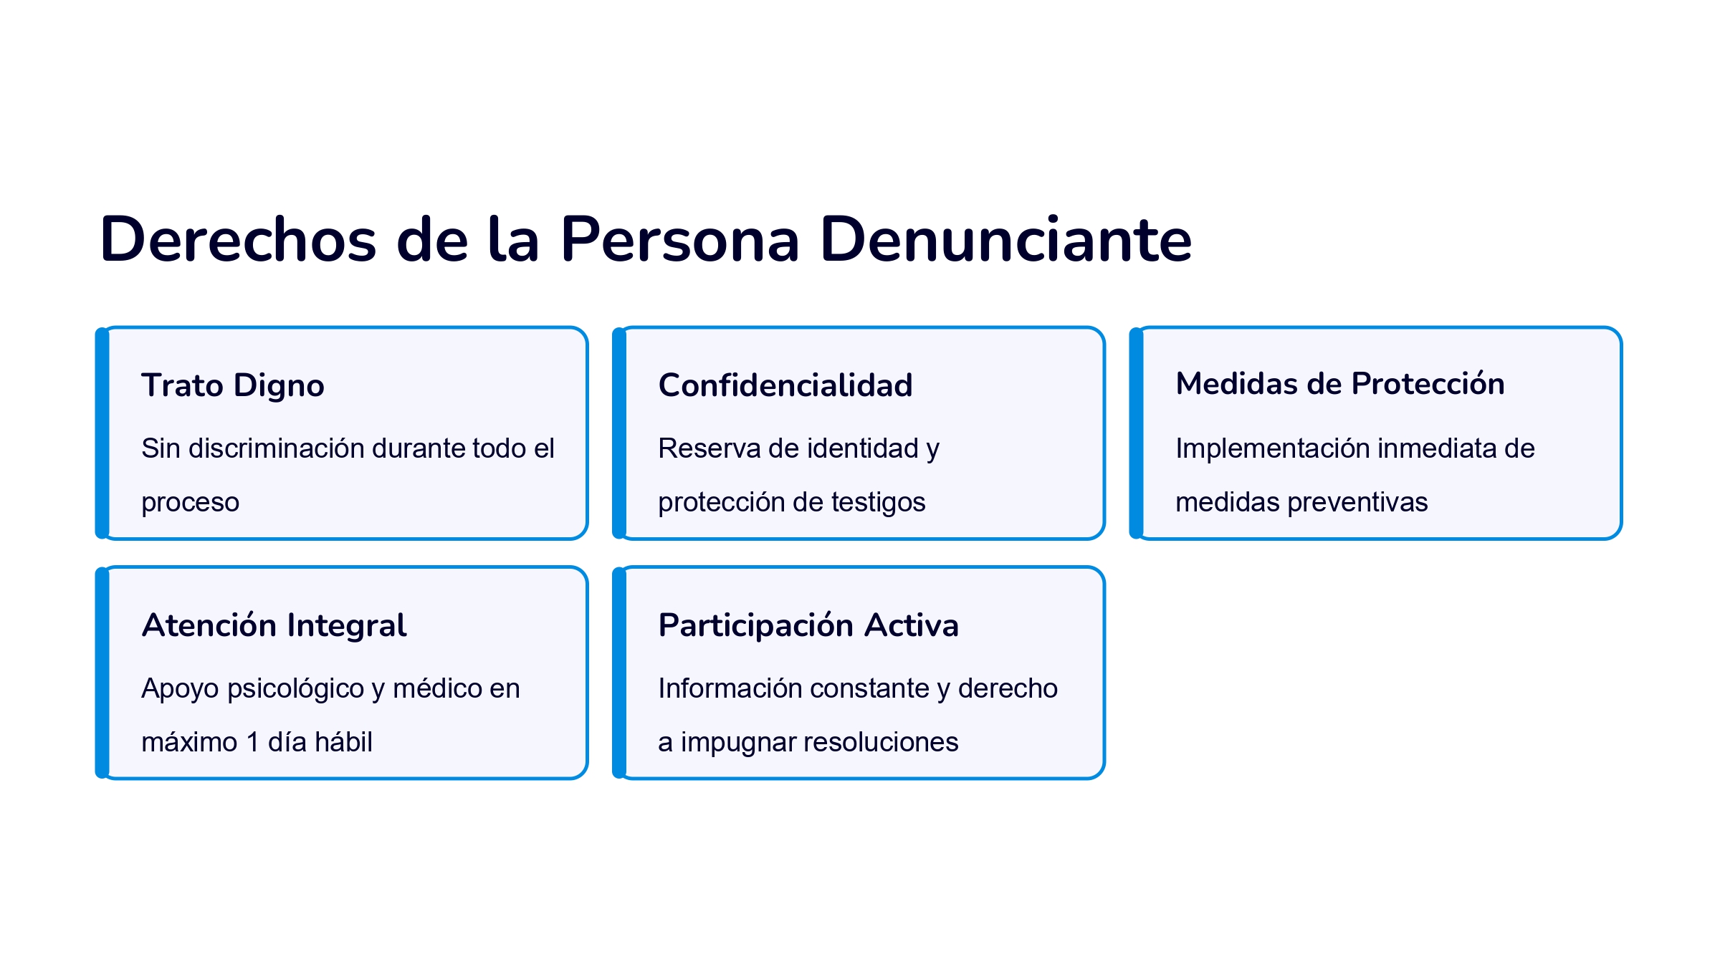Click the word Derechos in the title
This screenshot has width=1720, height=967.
239,239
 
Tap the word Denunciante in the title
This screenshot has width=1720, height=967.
1005,239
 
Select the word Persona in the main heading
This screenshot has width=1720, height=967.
679,239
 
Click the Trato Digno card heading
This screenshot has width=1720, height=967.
233,386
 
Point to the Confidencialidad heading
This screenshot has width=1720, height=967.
785,385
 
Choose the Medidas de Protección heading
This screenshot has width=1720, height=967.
1340,384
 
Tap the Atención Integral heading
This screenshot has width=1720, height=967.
274,625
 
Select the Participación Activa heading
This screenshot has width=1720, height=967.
808,625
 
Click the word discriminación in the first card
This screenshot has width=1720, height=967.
277,448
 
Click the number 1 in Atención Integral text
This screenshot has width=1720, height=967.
252,743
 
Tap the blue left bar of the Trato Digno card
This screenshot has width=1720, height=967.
102,433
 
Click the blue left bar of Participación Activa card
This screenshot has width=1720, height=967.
619,673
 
